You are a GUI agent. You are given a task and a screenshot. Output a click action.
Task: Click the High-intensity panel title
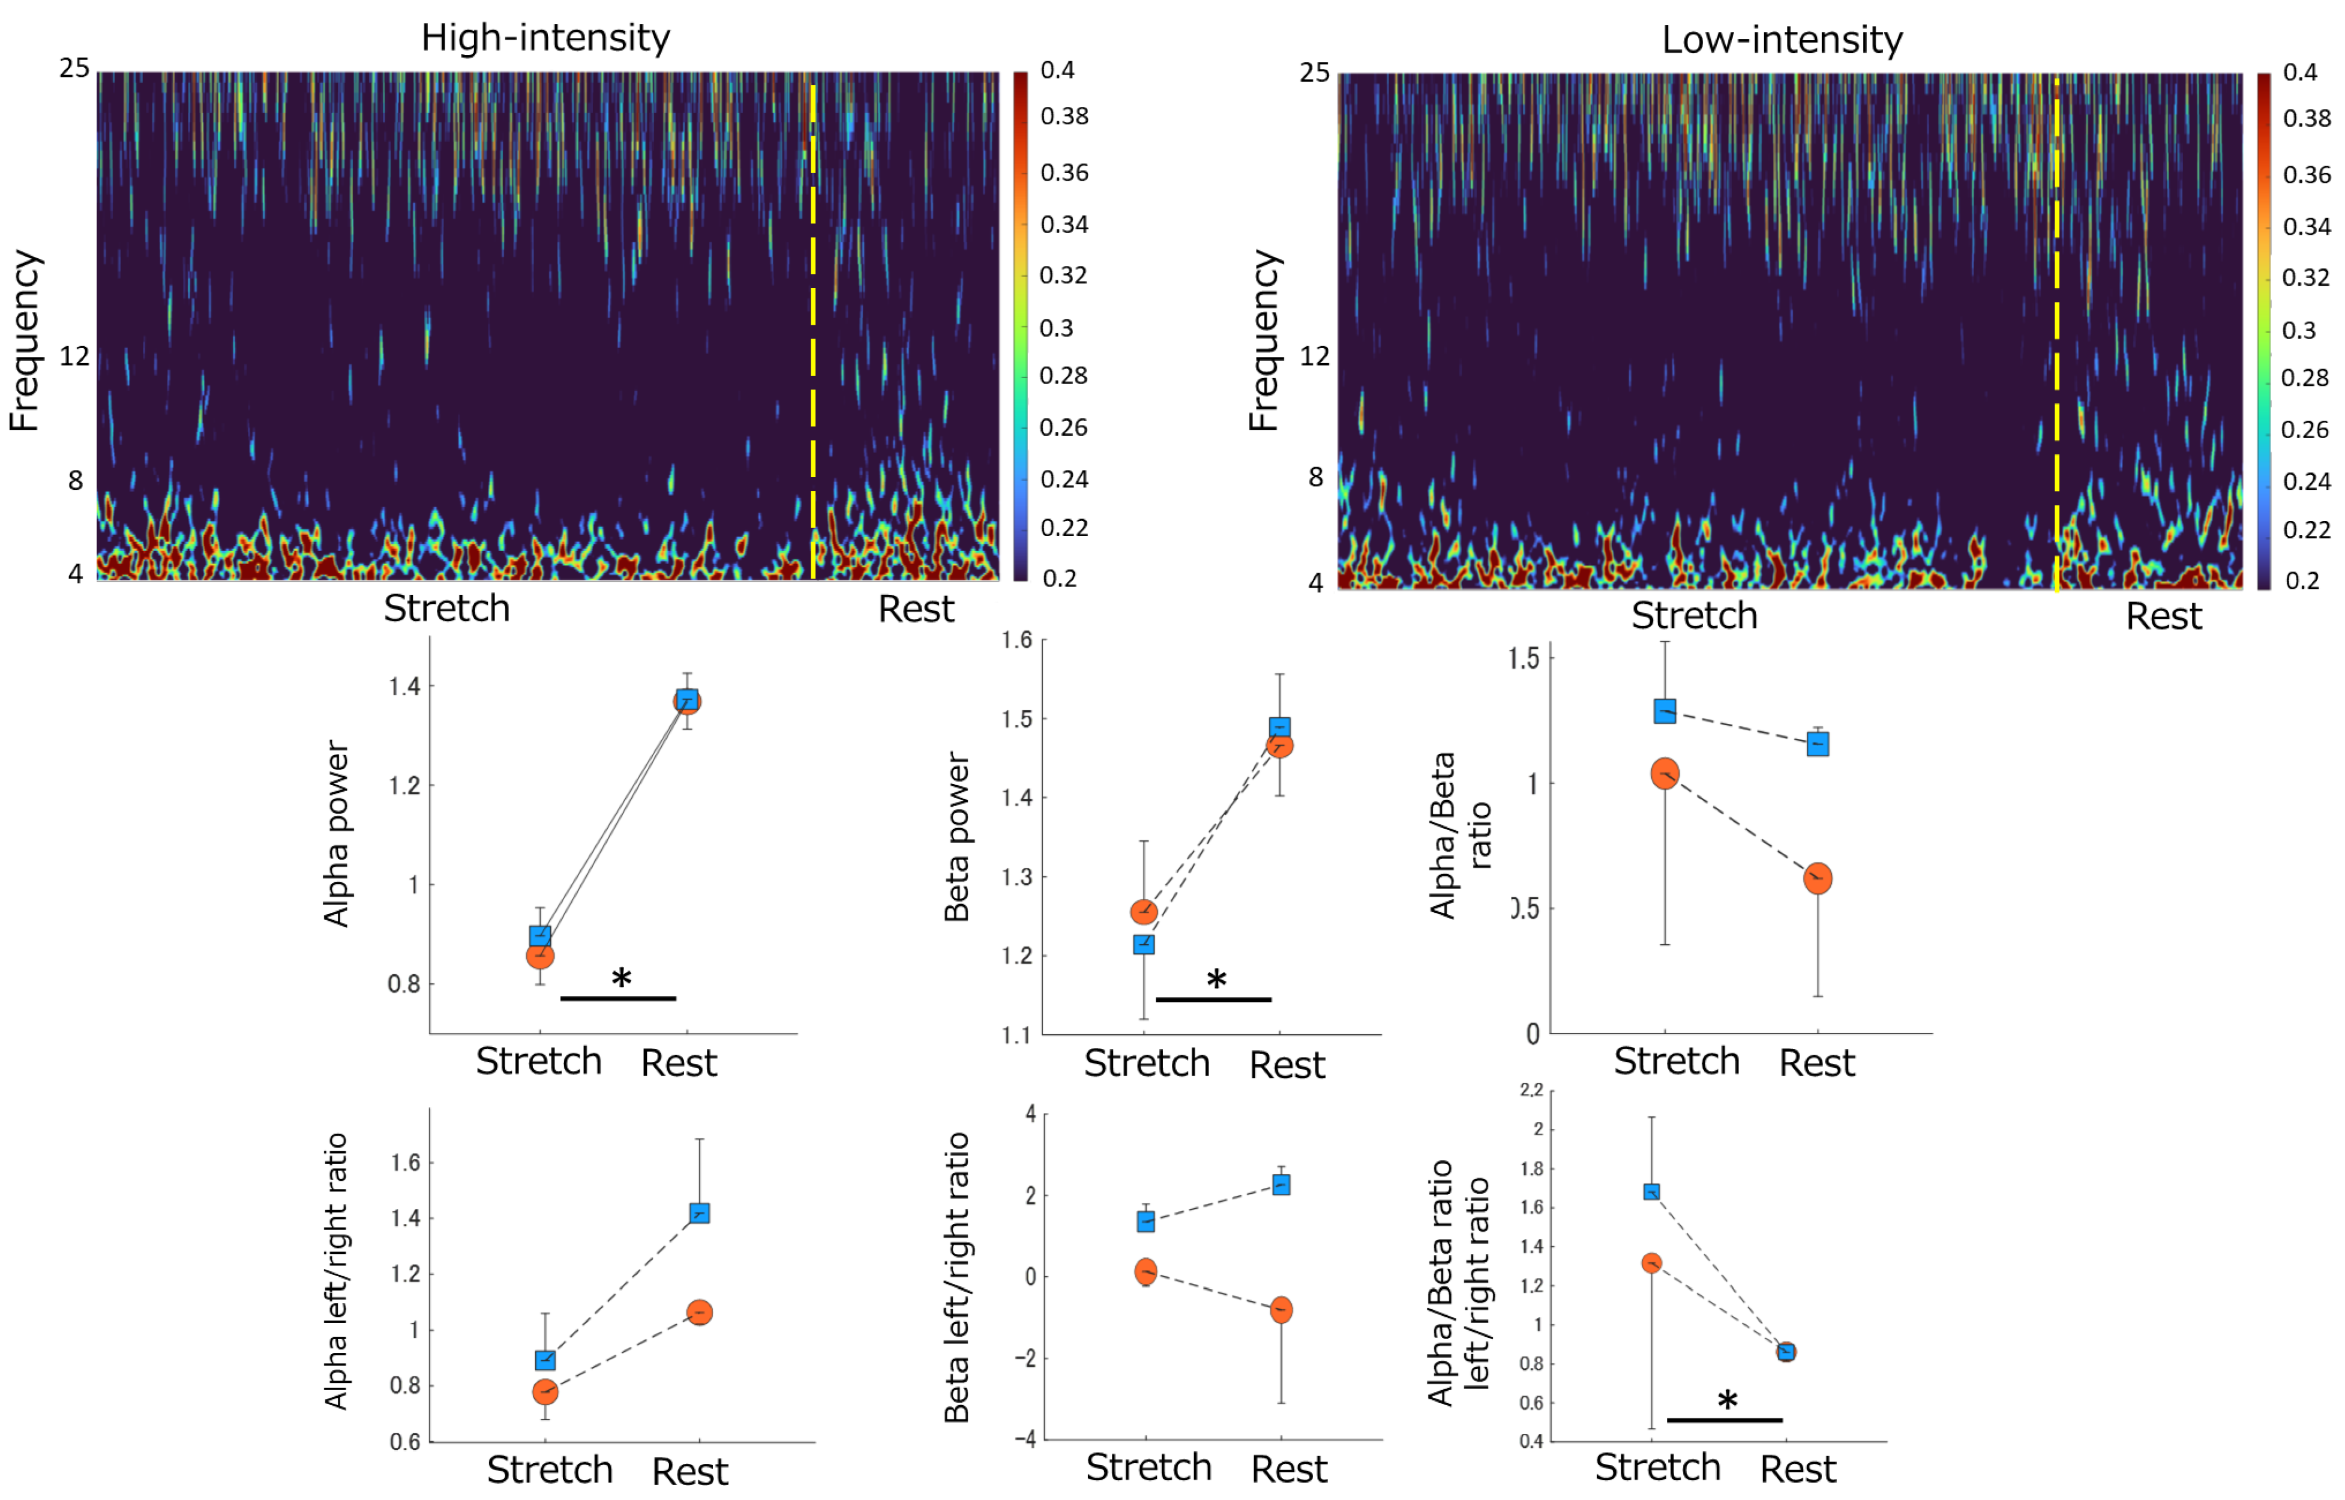tap(545, 38)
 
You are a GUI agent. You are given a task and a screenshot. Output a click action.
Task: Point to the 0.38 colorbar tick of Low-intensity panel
tap(2306, 119)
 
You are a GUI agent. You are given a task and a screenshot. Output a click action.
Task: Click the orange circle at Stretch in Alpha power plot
tap(541, 956)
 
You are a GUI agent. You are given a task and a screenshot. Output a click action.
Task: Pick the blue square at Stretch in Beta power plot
tap(1144, 944)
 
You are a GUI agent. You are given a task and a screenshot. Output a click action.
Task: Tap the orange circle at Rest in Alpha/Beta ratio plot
tap(1817, 879)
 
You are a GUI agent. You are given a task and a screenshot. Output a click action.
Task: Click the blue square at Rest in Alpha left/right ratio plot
tap(699, 1212)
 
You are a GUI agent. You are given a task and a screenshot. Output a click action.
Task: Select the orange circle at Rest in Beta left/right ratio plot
tap(1282, 1310)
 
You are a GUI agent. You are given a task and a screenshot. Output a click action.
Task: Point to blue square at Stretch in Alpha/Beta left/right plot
tap(1651, 1191)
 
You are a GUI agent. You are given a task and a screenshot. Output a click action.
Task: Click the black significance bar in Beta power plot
tap(1213, 999)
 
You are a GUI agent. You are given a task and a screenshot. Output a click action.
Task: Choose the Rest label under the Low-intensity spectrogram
tap(2163, 616)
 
